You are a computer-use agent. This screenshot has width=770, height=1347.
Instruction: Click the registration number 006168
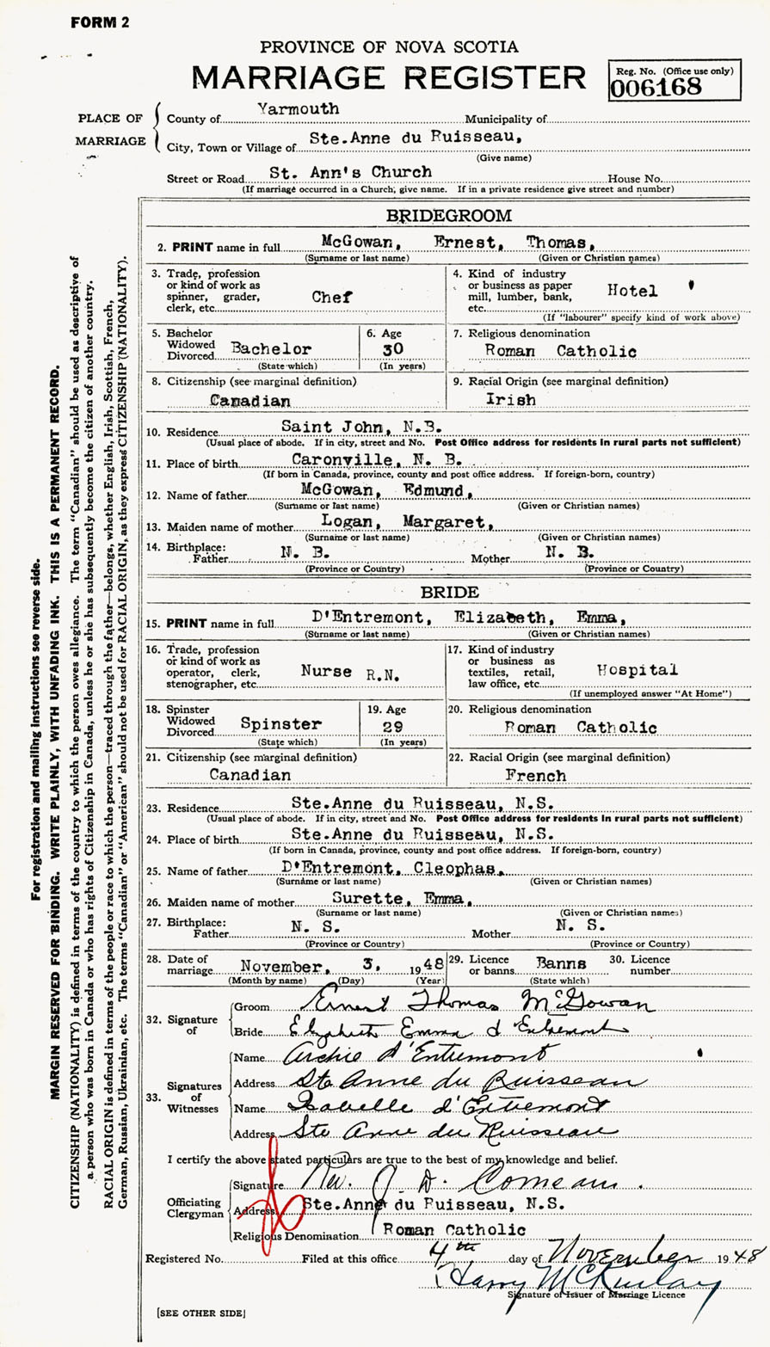(656, 86)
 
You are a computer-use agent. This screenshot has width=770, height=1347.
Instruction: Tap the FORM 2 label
(99, 23)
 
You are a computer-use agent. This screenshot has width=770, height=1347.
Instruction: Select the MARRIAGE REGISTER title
(389, 78)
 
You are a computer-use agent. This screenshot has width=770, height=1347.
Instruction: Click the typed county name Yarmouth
(298, 109)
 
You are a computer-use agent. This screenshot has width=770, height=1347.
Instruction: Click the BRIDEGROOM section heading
(460, 216)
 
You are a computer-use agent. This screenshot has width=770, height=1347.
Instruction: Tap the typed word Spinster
(281, 724)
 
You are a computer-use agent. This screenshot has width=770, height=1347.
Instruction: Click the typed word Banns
(562, 963)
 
